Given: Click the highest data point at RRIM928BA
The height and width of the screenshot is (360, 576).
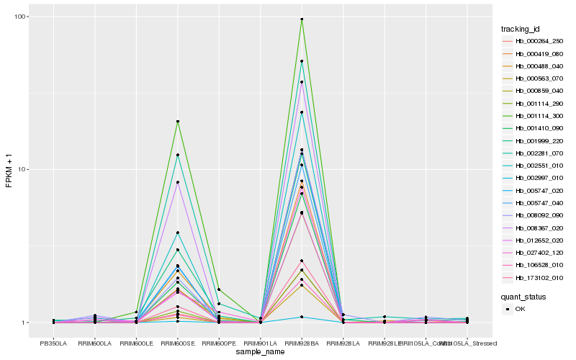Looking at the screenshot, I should [x=302, y=19].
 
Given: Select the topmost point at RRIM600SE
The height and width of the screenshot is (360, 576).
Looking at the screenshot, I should [x=177, y=121].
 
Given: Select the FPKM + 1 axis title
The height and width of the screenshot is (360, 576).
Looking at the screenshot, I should [x=9, y=170].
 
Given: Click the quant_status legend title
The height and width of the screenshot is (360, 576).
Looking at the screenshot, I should [x=523, y=296].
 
